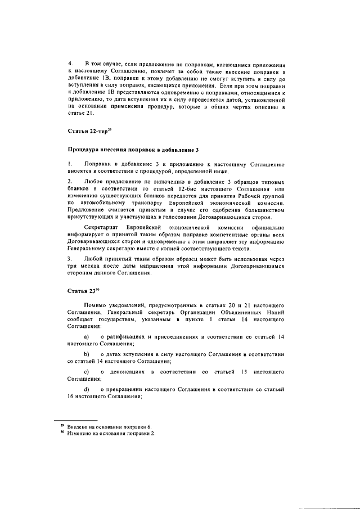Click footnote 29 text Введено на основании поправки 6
(x=109, y=427)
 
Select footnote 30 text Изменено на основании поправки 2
(x=111, y=434)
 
